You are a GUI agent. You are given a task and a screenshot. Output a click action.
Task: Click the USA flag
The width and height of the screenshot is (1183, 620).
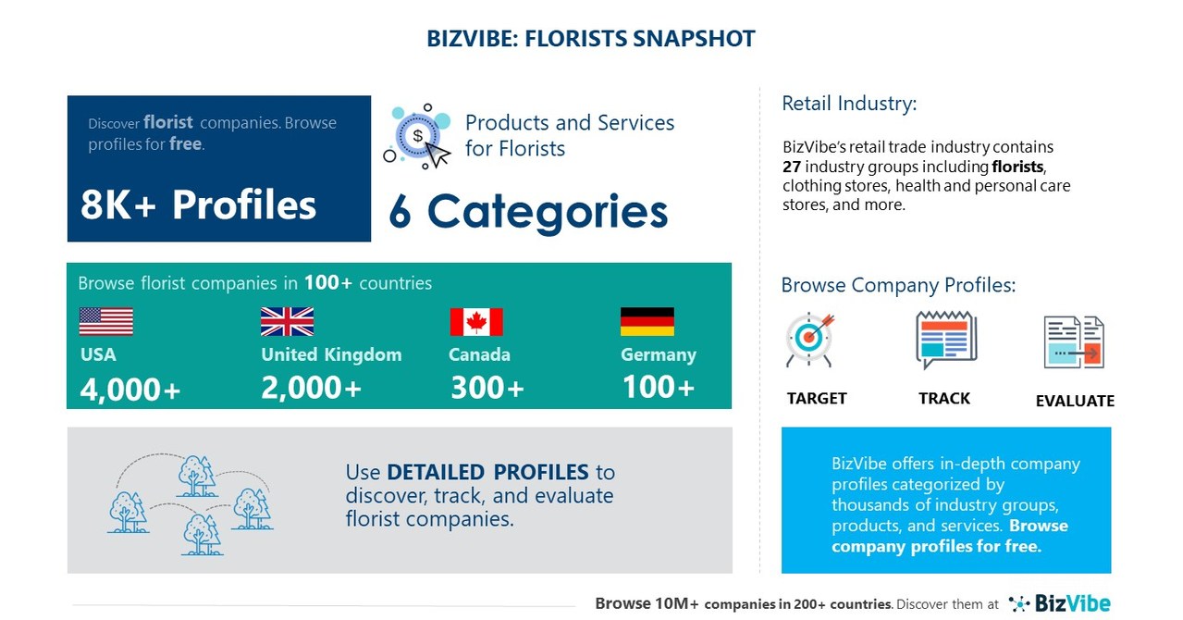[105, 321]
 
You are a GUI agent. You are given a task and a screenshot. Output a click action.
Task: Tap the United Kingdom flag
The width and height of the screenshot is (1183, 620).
[287, 321]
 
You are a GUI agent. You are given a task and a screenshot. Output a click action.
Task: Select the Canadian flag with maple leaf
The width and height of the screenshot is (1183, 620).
[476, 322]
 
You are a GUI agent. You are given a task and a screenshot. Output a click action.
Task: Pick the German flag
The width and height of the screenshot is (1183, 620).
[647, 321]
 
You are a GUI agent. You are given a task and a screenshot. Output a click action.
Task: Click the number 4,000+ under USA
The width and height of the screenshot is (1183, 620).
[130, 390]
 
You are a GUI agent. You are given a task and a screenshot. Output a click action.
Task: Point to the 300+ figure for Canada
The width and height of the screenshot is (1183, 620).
[487, 389]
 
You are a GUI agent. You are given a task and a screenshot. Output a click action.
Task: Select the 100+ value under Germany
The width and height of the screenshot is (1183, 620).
[658, 387]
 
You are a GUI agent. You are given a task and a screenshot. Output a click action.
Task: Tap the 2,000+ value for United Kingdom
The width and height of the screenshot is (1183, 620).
[311, 389]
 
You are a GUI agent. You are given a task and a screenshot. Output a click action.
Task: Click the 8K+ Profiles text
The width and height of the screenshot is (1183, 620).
[198, 205]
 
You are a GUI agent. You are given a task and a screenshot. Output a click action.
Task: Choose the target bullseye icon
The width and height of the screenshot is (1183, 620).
[810, 340]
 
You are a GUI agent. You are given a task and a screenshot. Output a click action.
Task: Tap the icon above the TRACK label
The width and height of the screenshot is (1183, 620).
[945, 340]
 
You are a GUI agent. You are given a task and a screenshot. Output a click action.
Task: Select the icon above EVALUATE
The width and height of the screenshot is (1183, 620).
[1074, 342]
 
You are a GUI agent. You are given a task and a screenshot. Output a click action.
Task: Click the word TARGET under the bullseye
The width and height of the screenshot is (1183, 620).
[817, 399]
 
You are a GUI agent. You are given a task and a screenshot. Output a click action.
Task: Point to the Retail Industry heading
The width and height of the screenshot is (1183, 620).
[849, 104]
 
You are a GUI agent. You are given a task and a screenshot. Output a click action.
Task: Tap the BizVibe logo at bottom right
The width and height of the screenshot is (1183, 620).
[1059, 603]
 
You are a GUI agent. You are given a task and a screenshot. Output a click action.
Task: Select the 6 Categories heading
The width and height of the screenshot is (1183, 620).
[528, 211]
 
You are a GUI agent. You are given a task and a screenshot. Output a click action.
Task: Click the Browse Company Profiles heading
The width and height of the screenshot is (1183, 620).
[898, 285]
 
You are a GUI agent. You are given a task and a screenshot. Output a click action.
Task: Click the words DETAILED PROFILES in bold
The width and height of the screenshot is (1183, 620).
[487, 472]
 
